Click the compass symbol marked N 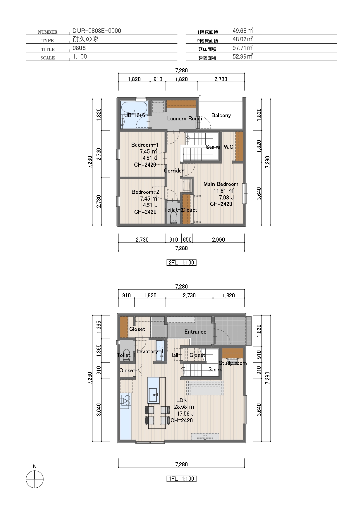coord(35,479)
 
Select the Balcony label coord(221,115)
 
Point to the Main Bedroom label coord(221,184)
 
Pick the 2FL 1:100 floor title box coord(181,262)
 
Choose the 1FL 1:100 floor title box coord(181,479)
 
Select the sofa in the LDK coord(205,388)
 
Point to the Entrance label coord(195,332)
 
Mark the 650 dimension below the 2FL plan coord(187,240)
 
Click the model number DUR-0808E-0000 coord(97,31)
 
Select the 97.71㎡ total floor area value coord(242,48)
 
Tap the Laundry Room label coord(185,118)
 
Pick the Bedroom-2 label coord(145,192)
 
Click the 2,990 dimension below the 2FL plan coord(219,240)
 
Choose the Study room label coord(233,363)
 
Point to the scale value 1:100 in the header coord(80,57)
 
